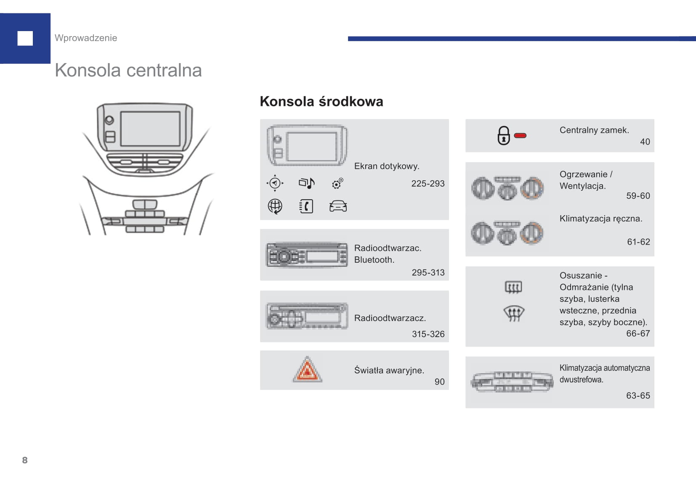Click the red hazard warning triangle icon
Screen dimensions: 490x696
[x=308, y=370]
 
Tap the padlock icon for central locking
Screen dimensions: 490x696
[x=503, y=136]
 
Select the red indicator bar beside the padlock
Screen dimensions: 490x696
[x=521, y=136]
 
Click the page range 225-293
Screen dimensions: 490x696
[x=428, y=184]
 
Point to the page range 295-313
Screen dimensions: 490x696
[x=428, y=273]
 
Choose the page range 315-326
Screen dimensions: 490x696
[x=428, y=334]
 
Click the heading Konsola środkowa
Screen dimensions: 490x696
[x=321, y=102]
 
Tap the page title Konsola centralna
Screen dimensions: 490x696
[x=128, y=70]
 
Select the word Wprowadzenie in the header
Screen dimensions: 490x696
[x=86, y=38]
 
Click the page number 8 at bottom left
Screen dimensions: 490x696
[x=25, y=460]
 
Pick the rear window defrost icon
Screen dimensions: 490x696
[x=513, y=287]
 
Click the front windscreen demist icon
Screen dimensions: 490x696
[x=513, y=313]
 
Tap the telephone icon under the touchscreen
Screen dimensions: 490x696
[x=306, y=206]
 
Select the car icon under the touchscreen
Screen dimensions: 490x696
[x=338, y=206]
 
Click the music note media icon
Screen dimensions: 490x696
[x=306, y=183]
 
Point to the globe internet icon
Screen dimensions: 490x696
[x=275, y=206]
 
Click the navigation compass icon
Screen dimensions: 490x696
[x=275, y=183]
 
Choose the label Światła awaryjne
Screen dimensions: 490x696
[x=389, y=370]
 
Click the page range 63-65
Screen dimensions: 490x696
[x=638, y=396]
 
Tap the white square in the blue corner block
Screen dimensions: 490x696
[x=25, y=38]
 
